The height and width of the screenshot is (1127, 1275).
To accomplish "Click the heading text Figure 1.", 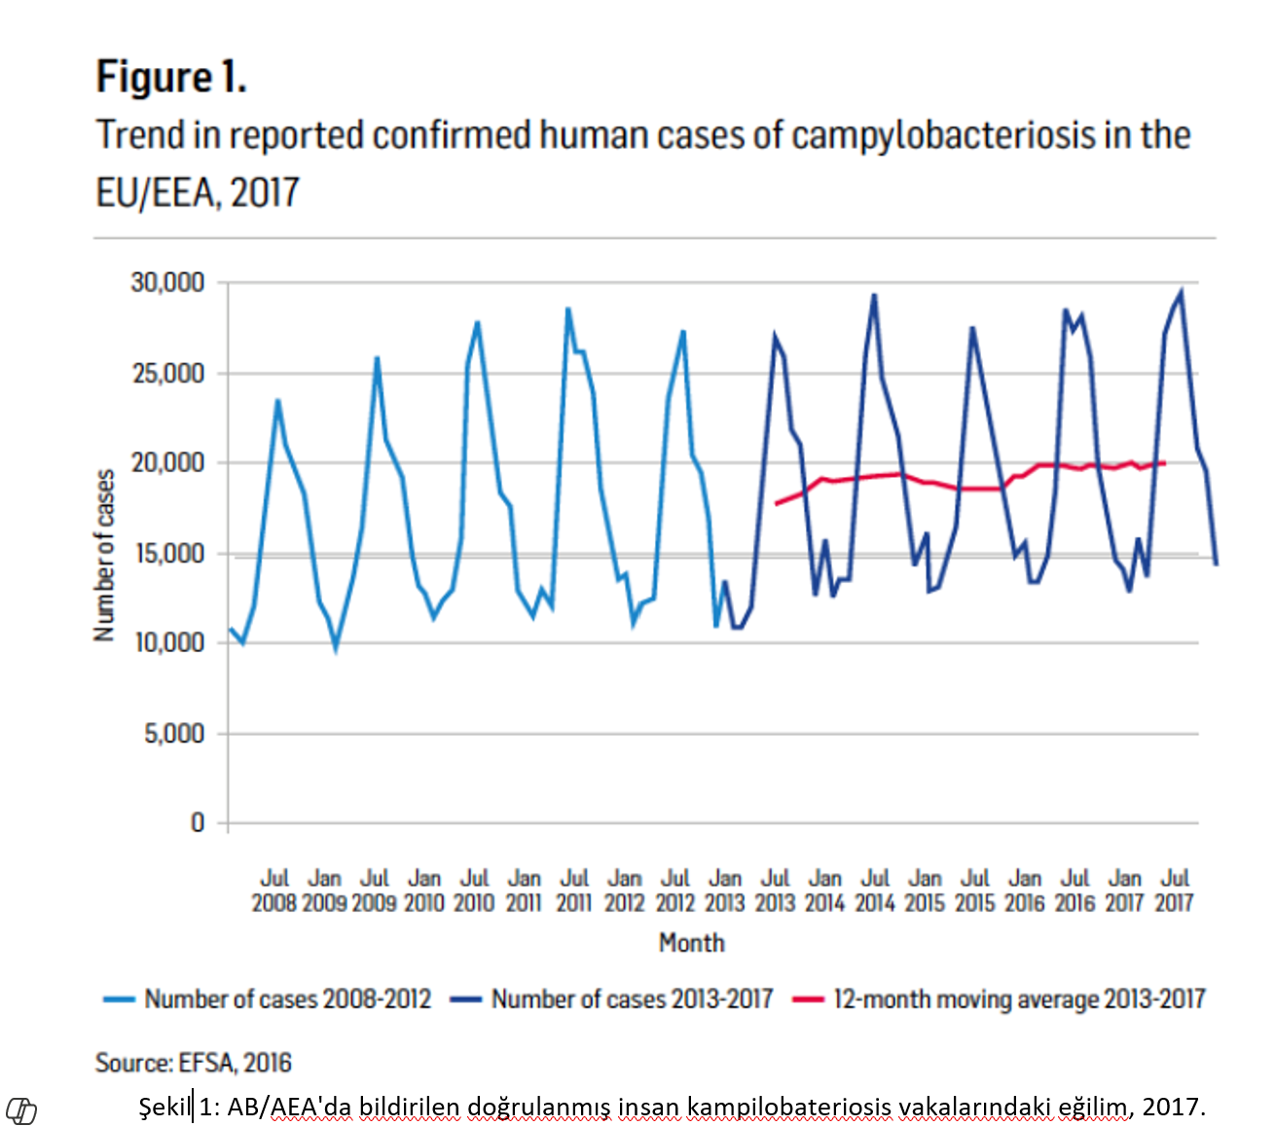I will pos(171,77).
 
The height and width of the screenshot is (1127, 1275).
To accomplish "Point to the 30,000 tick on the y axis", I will pos(168,283).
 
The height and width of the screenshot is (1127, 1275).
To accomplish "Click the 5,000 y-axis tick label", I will pos(175,734).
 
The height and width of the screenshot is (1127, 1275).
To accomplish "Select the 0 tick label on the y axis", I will pos(198,823).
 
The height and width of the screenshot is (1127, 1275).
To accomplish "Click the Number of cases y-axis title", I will pos(104,555).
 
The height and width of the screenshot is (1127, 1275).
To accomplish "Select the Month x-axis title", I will pos(692,943).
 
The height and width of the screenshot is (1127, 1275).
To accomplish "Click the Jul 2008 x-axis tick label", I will pos(274,891).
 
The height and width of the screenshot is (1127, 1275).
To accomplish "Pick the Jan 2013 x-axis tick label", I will pos(725,891).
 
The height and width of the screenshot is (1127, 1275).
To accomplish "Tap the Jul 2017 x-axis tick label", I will pos(1175,891).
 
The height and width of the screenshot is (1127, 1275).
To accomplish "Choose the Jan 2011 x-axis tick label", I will pos(525,891).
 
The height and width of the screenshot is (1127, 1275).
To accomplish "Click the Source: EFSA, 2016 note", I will pos(194,1063).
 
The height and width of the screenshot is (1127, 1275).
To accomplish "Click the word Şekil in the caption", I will pos(165,1107).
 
